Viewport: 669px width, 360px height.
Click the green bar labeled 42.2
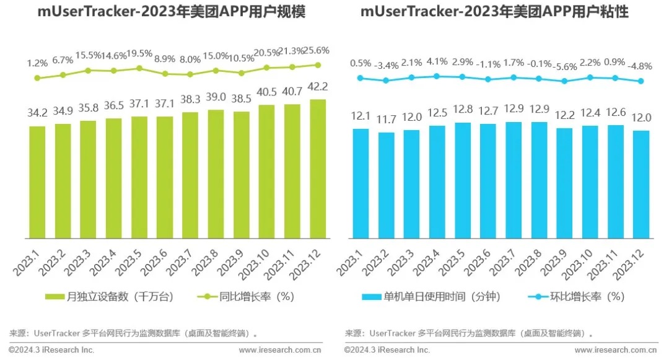tap(318, 169)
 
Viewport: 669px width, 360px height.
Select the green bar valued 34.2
tap(37, 182)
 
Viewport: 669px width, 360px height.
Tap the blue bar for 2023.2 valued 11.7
tap(387, 185)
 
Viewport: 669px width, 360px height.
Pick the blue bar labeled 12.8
tap(463, 180)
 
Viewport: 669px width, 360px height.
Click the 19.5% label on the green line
tap(139, 53)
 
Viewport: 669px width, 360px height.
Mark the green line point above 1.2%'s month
tap(37, 78)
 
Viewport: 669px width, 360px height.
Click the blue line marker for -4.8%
tap(641, 81)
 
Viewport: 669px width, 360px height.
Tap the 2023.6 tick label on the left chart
tap(159, 263)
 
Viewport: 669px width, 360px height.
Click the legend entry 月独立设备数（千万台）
tap(110, 297)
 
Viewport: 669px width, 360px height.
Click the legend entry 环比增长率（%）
tap(575, 297)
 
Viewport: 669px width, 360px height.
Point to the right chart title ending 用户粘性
tap(502, 13)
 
